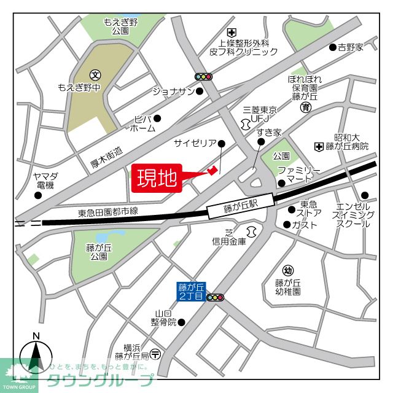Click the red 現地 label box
157,179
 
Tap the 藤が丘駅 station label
240,209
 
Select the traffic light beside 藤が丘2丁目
216,298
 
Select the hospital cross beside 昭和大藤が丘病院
319,146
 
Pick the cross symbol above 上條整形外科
231,32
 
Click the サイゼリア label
195,143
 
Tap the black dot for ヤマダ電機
39,196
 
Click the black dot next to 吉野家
332,47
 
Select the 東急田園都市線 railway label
108,212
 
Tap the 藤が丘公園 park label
99,252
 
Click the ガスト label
305,225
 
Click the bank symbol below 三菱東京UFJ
246,124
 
